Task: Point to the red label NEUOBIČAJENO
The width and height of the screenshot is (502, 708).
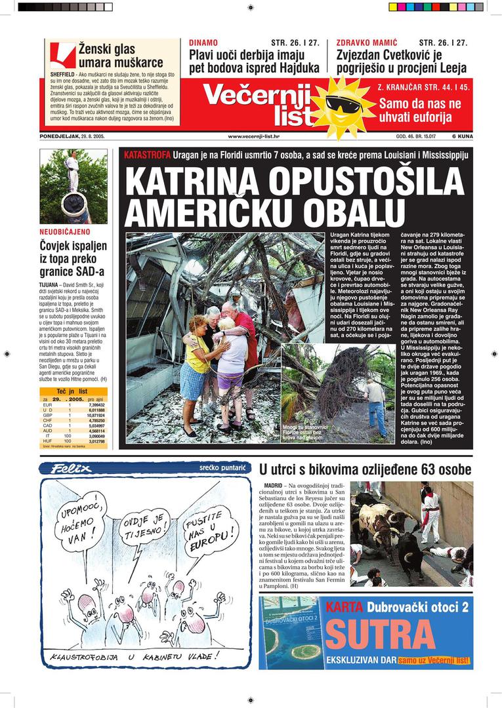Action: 64,232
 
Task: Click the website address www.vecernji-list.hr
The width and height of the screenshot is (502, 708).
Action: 253,136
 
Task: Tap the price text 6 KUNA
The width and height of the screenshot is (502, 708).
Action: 463,136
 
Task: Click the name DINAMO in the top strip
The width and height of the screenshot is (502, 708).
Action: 203,43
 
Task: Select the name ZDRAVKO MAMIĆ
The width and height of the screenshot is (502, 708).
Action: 367,43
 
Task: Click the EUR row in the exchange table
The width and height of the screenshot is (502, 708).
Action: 72,405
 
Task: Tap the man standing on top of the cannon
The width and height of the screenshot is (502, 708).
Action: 72,169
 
